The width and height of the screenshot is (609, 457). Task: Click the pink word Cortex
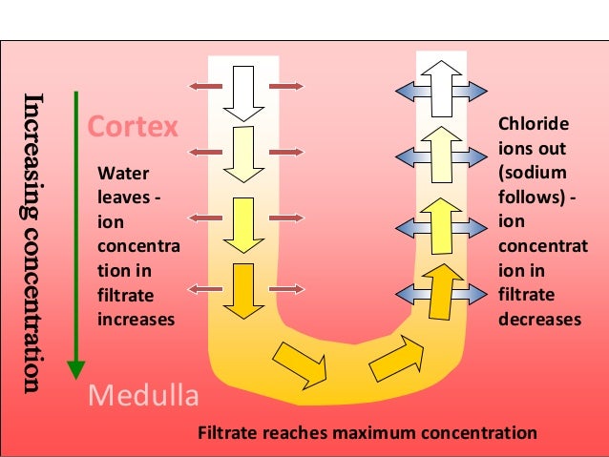pos(132,127)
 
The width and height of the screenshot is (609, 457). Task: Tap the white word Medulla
pos(142,394)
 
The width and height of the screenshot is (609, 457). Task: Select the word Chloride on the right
pos(534,125)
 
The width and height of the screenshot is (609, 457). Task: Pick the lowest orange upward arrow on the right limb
pos(441,291)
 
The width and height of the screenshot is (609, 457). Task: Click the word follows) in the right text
pos(531,197)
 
